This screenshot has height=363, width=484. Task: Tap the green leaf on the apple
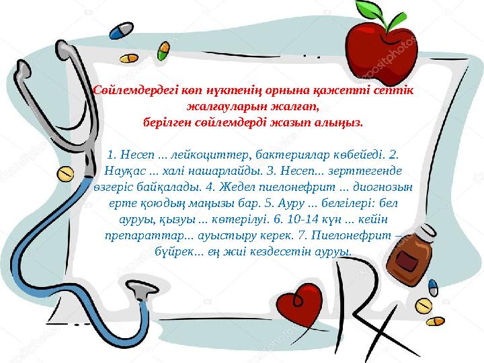[x=368, y=11]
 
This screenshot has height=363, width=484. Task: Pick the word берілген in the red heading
[x=171, y=124]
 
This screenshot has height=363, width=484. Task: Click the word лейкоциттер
[x=198, y=155]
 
